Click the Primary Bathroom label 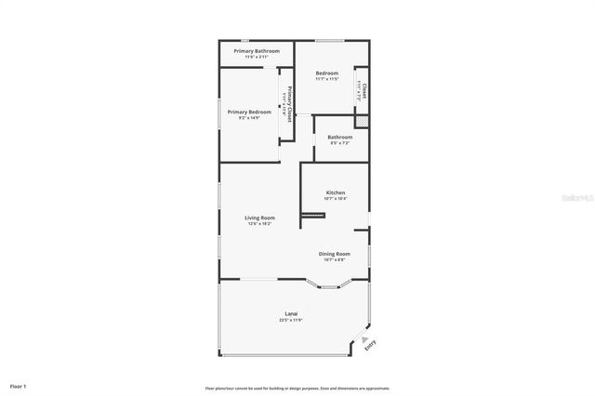[x=250, y=50]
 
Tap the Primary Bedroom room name [x=249, y=112]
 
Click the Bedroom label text [x=326, y=73]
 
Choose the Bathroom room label [x=339, y=137]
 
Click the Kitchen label [x=336, y=192]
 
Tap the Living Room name [x=259, y=218]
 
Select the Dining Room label [x=335, y=254]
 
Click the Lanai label [x=291, y=313]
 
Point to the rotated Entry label [x=370, y=345]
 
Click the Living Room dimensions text [x=259, y=224]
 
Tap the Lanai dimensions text [x=291, y=320]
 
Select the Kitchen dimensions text [x=336, y=199]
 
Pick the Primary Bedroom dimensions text [x=249, y=118]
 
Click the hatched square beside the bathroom [x=364, y=121]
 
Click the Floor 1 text [x=19, y=386]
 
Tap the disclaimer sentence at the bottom [x=297, y=389]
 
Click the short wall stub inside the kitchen [x=311, y=215]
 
